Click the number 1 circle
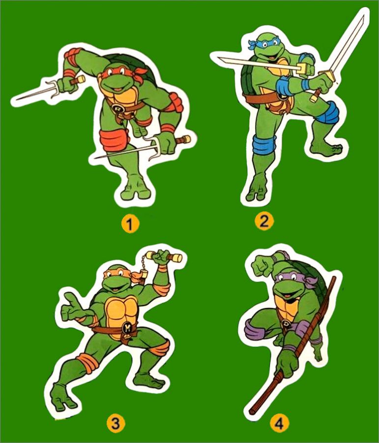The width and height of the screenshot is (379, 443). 130,224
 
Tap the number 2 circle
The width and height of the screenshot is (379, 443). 264,221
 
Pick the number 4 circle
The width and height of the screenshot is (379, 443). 279,423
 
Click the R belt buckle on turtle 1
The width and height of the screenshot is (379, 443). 117,108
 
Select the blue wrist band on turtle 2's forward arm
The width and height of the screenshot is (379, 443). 305,84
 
